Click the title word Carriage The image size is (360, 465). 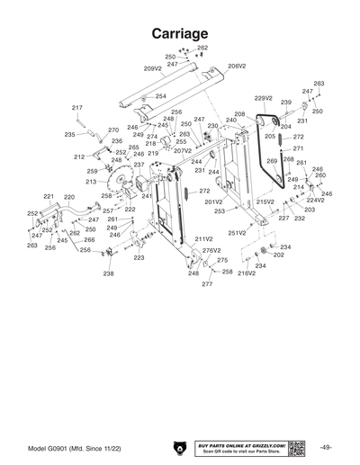pyautogui.click(x=180, y=32)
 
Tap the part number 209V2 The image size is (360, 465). pyautogui.click(x=153, y=67)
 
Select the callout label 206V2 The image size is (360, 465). pyautogui.click(x=237, y=66)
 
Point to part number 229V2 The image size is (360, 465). pyautogui.click(x=263, y=98)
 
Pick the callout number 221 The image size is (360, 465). pyautogui.click(x=49, y=196)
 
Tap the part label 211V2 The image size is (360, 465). pyautogui.click(x=203, y=239)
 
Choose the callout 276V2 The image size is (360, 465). pyautogui.click(x=211, y=250)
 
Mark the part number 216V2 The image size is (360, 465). pyautogui.click(x=247, y=273)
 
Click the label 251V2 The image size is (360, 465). pyautogui.click(x=237, y=233)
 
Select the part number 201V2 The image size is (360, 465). pyautogui.click(x=213, y=201)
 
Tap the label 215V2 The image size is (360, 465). pyautogui.click(x=265, y=202)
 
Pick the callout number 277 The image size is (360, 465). pyautogui.click(x=207, y=284)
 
